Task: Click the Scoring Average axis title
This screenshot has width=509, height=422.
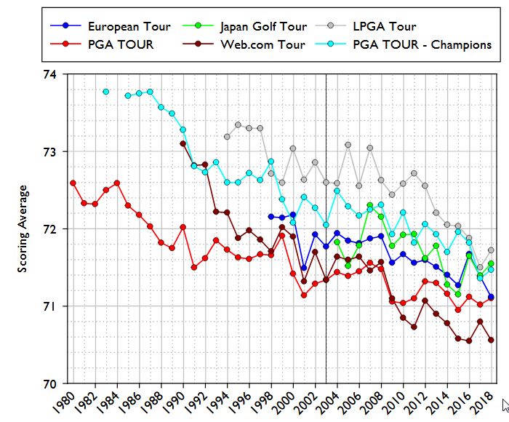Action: (23, 228)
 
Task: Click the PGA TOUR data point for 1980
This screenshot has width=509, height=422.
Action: (73, 183)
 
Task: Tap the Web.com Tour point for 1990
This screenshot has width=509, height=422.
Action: (183, 143)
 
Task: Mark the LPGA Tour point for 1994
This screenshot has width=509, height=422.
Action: (227, 137)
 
